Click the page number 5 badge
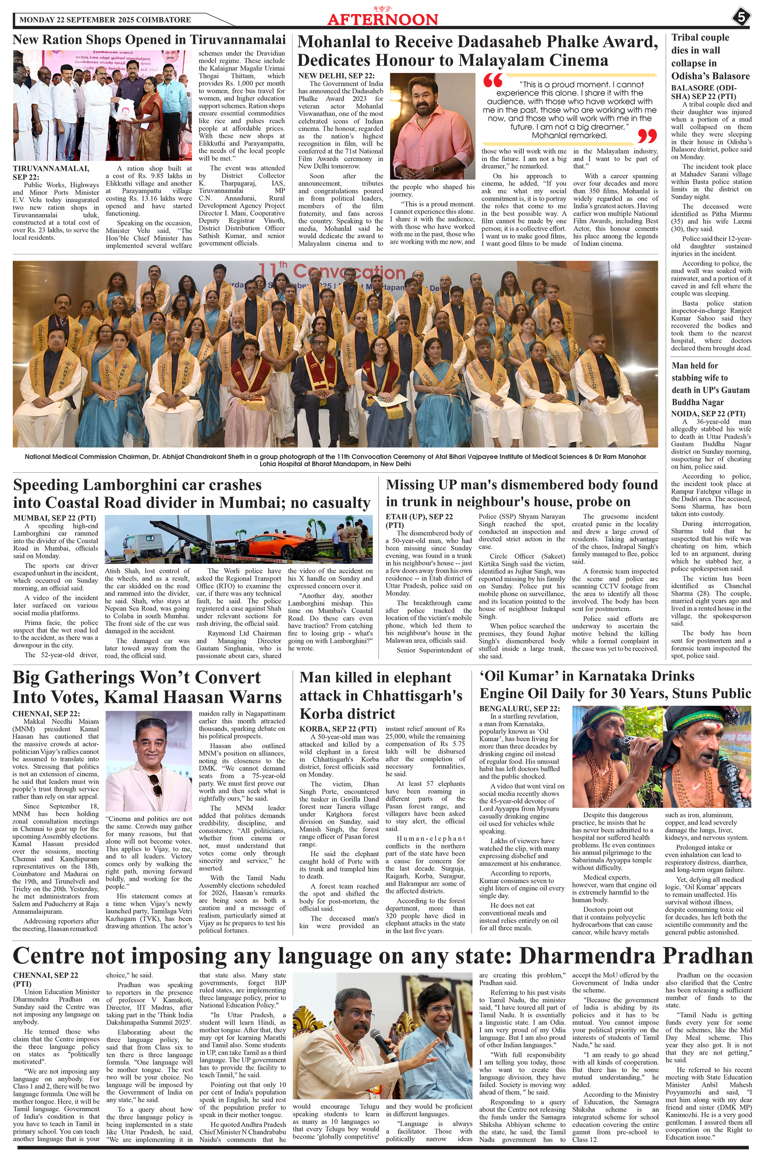click(x=740, y=17)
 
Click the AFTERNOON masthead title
click(x=382, y=20)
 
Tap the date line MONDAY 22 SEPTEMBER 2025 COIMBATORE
click(x=105, y=20)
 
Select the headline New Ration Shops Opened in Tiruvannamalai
click(x=149, y=39)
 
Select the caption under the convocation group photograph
click(x=335, y=460)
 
